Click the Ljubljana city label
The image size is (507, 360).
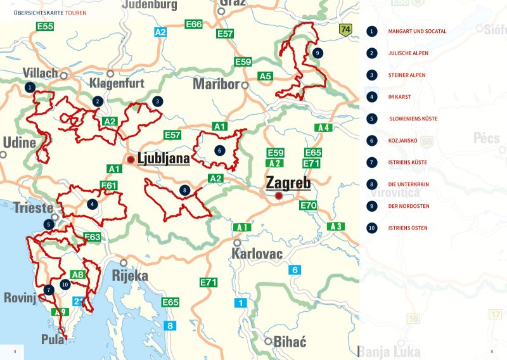164,158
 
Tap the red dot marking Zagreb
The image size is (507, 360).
278,196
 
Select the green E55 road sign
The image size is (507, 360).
45,27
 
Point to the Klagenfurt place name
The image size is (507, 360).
117,83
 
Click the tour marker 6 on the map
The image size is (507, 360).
219,151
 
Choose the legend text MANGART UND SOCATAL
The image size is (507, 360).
417,31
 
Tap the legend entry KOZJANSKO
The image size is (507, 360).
402,141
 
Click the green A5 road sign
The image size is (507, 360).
266,76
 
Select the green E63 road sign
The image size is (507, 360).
93,237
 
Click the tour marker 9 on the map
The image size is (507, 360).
317,53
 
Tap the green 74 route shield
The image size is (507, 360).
345,30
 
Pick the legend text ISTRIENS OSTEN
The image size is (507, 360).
408,228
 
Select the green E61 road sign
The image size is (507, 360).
109,185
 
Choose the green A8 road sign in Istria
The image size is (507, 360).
78,274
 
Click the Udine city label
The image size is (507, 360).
19,143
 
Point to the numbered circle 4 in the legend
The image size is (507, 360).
372,97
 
